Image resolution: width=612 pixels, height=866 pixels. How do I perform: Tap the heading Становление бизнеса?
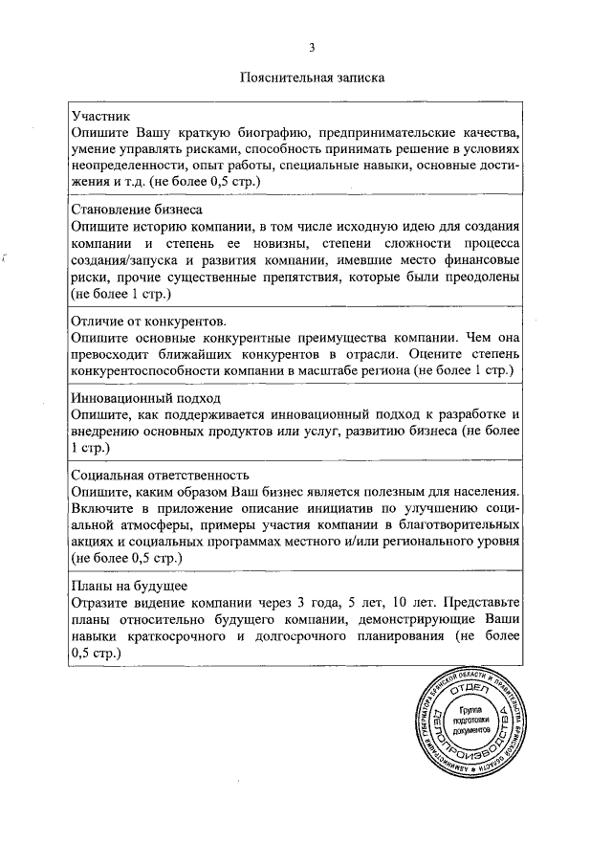click(138, 208)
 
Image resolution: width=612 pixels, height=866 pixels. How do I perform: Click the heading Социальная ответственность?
click(161, 475)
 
